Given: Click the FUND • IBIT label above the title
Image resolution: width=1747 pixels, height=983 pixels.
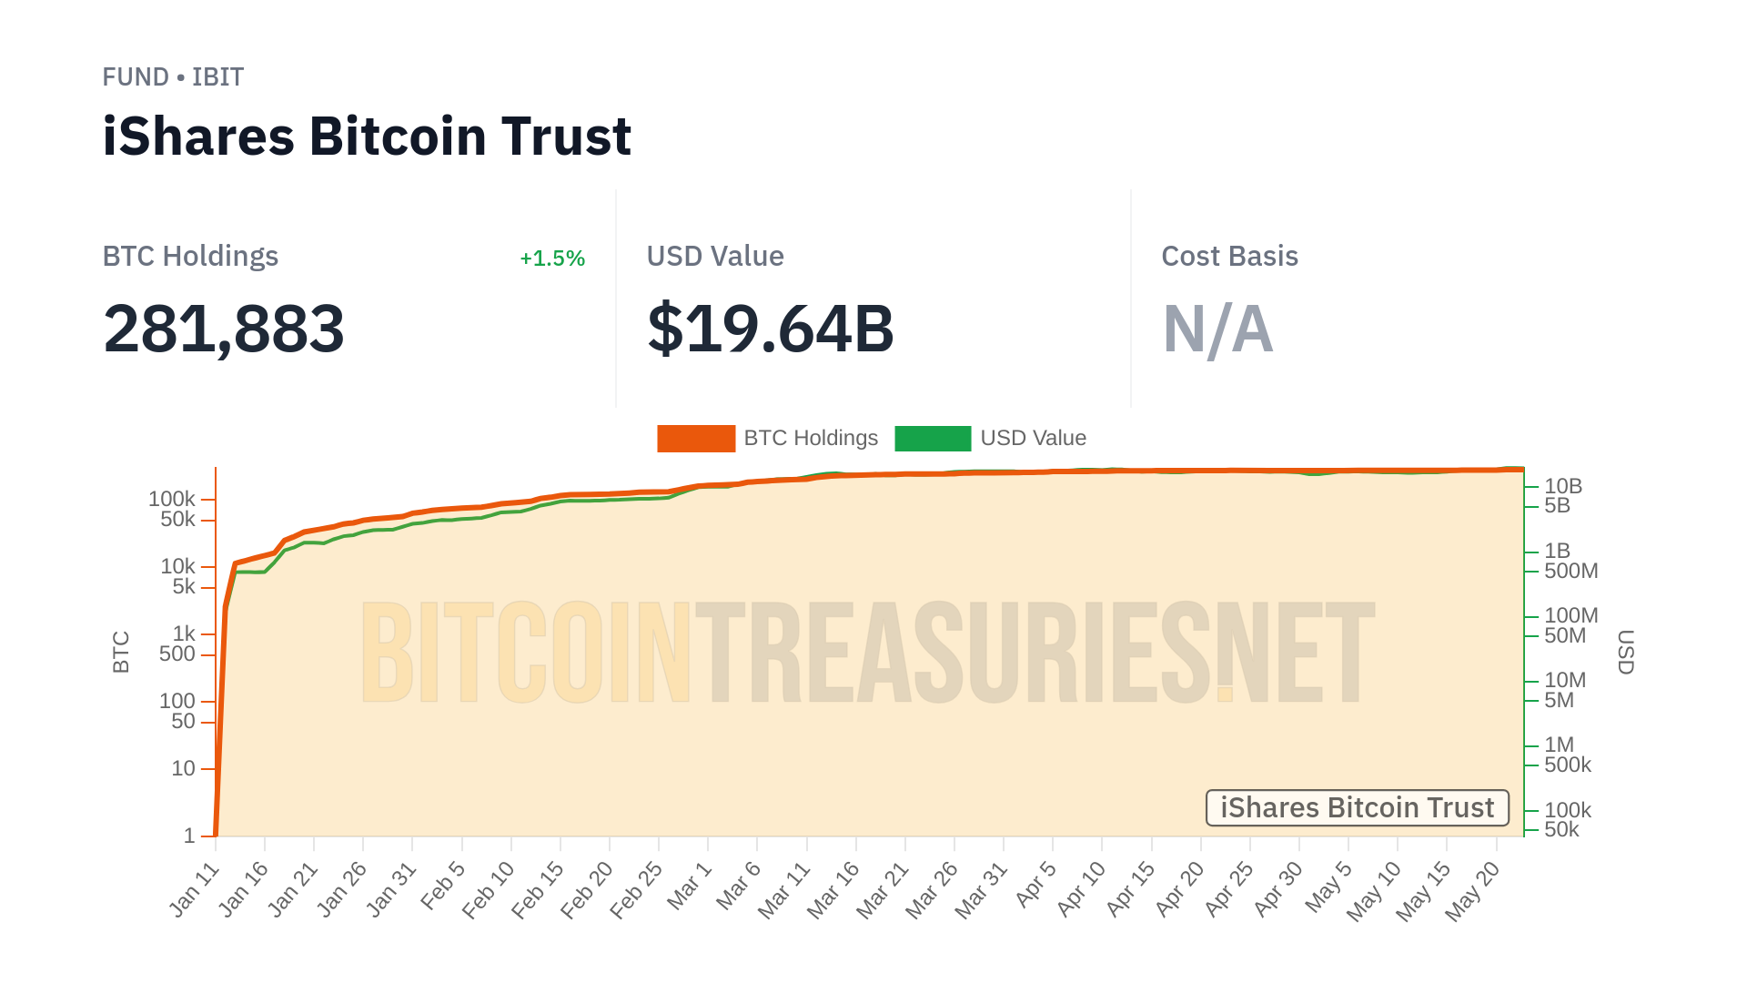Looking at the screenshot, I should coord(173,77).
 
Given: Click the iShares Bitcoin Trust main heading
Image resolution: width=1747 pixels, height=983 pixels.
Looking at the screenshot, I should coord(367,137).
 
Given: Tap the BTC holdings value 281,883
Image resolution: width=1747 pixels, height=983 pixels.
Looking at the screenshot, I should coord(224,329).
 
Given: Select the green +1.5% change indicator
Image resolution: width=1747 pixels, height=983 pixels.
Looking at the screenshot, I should coord(551,258).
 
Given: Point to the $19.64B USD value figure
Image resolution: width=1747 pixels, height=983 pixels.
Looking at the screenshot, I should coord(771,329).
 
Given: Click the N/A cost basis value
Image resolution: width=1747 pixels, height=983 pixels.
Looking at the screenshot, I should coord(1217,329).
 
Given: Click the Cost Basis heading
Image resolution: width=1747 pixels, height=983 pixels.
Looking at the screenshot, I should coord(1229,257).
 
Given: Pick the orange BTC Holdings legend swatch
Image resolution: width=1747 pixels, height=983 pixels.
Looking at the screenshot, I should coord(696,439).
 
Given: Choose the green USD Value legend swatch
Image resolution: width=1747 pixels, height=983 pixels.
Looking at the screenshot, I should coord(933,439).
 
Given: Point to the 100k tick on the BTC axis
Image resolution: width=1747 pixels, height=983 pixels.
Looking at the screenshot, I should coord(172,499).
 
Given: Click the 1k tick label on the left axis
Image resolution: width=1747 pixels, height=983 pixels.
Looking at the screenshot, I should coord(184,633).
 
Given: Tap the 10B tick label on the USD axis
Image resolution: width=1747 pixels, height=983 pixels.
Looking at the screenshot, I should coord(1563,486).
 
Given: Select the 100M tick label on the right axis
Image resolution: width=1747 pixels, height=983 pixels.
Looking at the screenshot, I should coord(1570,615).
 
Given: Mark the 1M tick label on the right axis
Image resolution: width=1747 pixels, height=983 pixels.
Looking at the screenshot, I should coord(1559,745).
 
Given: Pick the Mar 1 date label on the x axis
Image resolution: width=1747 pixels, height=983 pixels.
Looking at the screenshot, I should coord(689,886).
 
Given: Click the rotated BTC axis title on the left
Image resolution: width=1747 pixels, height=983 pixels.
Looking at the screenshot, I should coord(121,652).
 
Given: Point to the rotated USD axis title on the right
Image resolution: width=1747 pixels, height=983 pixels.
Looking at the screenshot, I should coord(1625,652).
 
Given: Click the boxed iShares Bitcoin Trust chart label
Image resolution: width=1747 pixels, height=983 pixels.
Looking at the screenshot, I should coord(1357,808).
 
